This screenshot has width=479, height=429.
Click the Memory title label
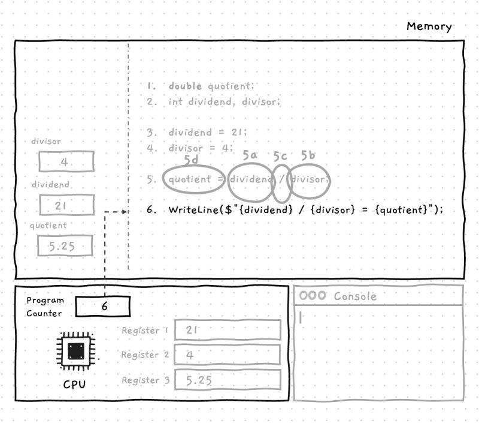pos(429,26)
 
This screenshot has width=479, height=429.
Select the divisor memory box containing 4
pos(66,162)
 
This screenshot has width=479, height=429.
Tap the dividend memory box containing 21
pos(66,205)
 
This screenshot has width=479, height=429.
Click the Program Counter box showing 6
pos(102,306)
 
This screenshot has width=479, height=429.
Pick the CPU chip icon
pos(75,351)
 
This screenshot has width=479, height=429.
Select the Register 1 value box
pos(228,330)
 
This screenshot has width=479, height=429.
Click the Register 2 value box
pos(228,355)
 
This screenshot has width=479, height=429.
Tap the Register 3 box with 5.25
pos(228,380)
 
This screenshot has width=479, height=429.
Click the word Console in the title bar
pos(355,296)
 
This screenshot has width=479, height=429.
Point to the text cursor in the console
pos(301,317)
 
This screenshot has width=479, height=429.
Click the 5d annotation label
pos(191,160)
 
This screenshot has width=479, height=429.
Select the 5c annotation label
pos(280,157)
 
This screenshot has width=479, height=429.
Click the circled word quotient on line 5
pos(189,179)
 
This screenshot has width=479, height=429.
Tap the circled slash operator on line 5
pos(281,179)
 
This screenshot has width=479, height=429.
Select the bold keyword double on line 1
pos(185,86)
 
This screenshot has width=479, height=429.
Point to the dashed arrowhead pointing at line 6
pos(125,211)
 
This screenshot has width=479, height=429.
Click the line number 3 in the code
pos(151,132)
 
